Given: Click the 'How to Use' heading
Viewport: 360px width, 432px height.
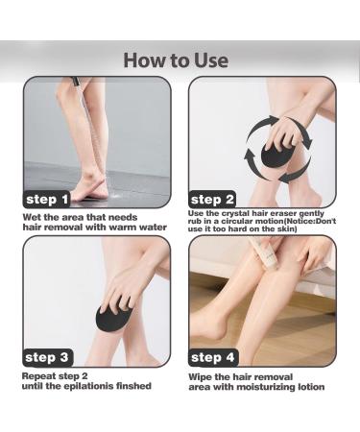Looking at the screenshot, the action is click(176, 60).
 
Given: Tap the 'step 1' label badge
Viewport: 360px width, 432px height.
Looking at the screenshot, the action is click(47, 200).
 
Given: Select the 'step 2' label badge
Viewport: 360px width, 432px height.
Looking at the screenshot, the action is click(212, 200).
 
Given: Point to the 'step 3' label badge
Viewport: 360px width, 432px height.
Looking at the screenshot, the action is click(47, 357).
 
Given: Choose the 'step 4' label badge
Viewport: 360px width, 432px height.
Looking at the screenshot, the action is click(213, 357).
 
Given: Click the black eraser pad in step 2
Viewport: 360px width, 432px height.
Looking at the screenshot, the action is click(276, 155).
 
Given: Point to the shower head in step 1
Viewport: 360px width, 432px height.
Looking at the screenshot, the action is click(75, 82).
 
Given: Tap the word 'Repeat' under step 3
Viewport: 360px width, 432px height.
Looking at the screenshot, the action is click(38, 376).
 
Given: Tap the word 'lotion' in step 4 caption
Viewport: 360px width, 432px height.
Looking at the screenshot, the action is click(311, 387).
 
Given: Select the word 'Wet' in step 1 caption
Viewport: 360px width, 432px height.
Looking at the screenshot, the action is click(32, 217).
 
